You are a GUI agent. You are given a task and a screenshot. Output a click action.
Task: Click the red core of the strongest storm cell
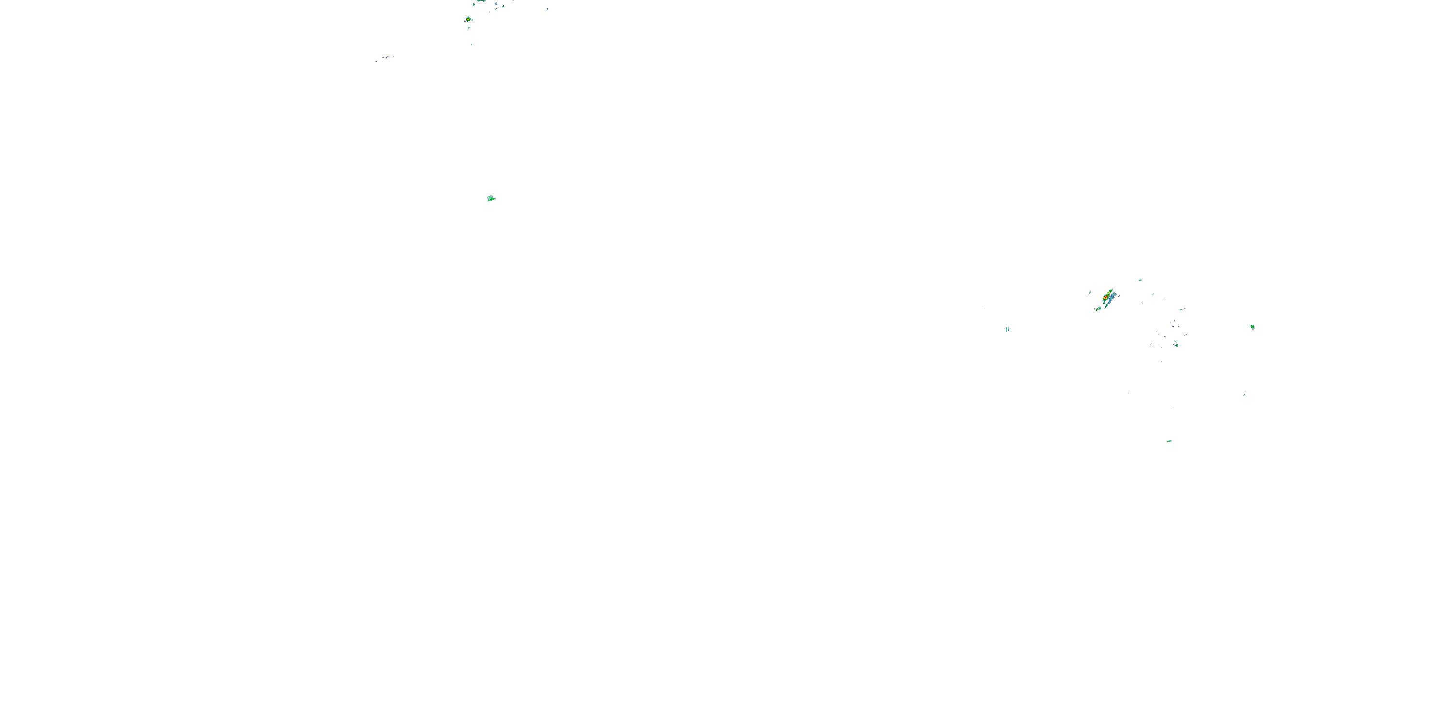tap(1106, 297)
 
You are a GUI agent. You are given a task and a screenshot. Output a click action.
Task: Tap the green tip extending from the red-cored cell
tap(1111, 290)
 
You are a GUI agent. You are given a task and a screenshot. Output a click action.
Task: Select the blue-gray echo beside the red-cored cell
tap(1113, 298)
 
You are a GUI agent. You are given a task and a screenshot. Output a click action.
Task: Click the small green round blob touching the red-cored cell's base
tap(1104, 303)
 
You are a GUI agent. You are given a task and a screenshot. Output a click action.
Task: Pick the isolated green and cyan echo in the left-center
tap(491, 198)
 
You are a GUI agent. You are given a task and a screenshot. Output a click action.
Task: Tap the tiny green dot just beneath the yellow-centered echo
tap(469, 28)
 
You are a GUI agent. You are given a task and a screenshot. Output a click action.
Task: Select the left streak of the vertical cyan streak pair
tap(1006, 329)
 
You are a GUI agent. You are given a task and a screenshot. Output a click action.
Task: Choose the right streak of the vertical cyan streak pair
tap(1008, 329)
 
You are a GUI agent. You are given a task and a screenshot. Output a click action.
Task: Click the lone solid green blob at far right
tap(1253, 327)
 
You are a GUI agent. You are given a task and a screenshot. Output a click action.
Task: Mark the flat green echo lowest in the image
tap(1169, 441)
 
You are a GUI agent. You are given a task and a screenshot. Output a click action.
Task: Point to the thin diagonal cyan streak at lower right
tap(1244, 394)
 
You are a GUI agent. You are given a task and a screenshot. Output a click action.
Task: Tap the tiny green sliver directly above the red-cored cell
tap(1141, 280)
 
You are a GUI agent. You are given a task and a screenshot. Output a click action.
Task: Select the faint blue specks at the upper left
tap(385, 57)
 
